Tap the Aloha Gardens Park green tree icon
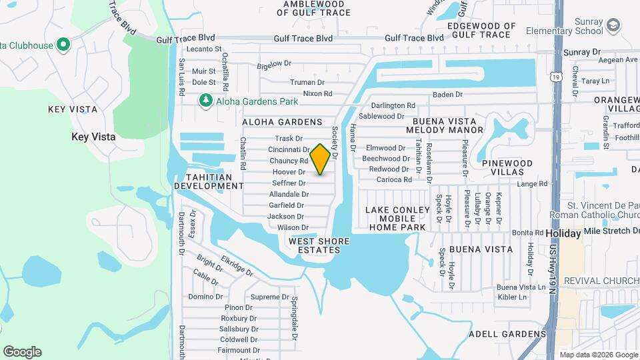(x=206, y=101)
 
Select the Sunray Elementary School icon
(x=613, y=26)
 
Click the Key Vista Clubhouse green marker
(x=63, y=45)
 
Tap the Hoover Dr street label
(x=289, y=172)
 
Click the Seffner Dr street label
(x=289, y=183)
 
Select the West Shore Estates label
(x=315, y=245)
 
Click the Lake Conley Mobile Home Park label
(x=396, y=218)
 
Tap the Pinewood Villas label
(x=507, y=167)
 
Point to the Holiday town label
(x=563, y=234)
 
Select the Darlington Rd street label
(x=393, y=105)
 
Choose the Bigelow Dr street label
(x=275, y=64)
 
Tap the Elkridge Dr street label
(x=237, y=267)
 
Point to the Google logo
(x=22, y=352)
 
